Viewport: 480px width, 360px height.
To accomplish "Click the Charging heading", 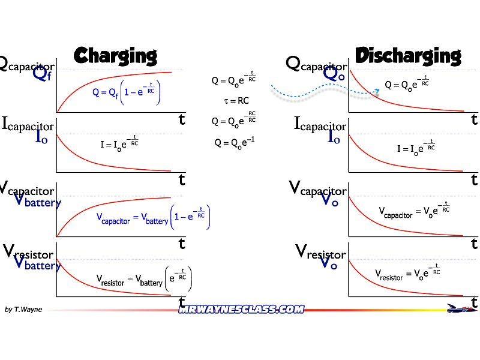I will pyautogui.click(x=115, y=56).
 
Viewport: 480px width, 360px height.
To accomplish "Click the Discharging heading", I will pyautogui.click(x=408, y=56).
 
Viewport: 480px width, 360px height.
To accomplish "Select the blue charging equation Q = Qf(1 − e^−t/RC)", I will pyautogui.click(x=127, y=92).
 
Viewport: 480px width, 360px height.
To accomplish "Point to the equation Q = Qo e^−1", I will pyautogui.click(x=231, y=143).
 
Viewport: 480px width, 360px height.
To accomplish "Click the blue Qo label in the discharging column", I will pyautogui.click(x=334, y=74).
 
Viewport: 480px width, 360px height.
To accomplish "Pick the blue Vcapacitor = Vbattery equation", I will pyautogui.click(x=153, y=219).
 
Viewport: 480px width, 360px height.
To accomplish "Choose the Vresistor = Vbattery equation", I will pyautogui.click(x=144, y=279).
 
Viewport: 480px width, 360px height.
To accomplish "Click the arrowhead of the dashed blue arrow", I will pyautogui.click(x=377, y=91).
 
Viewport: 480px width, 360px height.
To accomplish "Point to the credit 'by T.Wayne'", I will pyautogui.click(x=23, y=310).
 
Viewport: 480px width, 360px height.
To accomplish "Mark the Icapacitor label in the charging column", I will pyautogui.click(x=28, y=125).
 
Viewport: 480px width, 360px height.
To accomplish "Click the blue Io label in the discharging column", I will pyautogui.click(x=334, y=137).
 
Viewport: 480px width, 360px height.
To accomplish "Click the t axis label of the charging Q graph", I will pyautogui.click(x=182, y=119).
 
